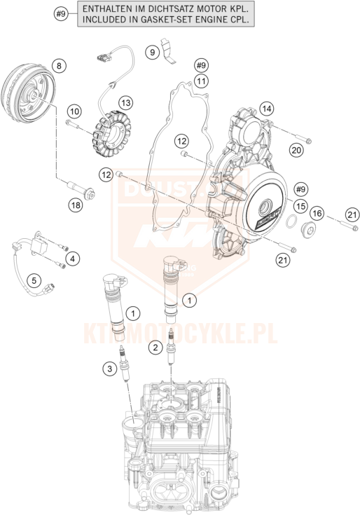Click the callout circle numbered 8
pos(59,66)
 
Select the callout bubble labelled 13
pos(125,103)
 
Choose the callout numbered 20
pos(296,149)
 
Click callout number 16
pos(317,213)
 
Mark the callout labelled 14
pos(266,109)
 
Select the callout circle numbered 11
pos(202,81)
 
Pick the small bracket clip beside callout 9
pos(169,53)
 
